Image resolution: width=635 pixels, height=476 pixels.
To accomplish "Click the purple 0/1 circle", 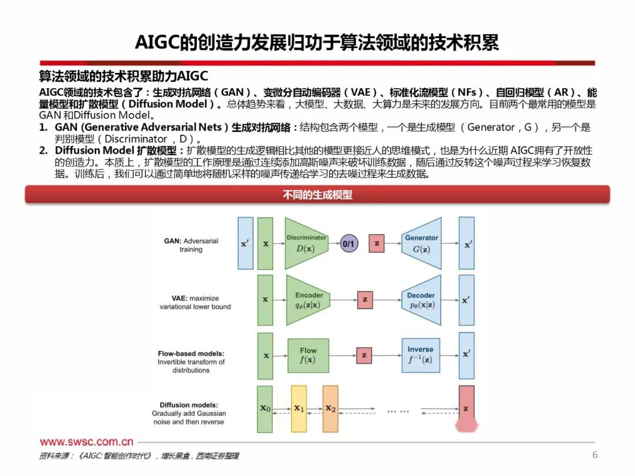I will click(x=349, y=243).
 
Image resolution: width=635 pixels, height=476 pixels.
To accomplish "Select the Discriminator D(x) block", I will click(x=306, y=243).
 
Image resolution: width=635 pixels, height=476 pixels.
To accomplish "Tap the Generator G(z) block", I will click(x=421, y=243).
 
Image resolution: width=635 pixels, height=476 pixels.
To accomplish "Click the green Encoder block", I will click(x=308, y=300).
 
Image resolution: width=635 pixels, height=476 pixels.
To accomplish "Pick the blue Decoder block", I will click(x=421, y=300).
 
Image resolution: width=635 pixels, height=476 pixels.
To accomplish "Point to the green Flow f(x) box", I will click(x=308, y=355).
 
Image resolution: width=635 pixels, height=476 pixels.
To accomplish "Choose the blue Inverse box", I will click(x=420, y=355).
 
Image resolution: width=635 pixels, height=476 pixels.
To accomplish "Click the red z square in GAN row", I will click(x=377, y=243).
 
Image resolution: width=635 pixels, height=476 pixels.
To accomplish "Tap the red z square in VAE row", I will click(x=365, y=300).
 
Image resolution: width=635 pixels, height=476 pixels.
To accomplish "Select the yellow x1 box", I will click(x=299, y=408).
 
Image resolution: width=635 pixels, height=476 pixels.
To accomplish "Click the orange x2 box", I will click(x=330, y=408).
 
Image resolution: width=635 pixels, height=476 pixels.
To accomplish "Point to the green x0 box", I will click(x=266, y=408).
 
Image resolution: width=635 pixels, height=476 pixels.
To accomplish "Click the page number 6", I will click(x=594, y=455).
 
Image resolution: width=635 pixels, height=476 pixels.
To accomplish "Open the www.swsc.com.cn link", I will click(x=86, y=442).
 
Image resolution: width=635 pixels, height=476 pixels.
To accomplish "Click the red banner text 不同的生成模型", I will click(x=317, y=195).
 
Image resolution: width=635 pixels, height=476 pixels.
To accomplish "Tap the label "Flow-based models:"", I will click(x=191, y=354).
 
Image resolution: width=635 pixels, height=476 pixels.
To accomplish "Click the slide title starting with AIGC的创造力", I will click(x=317, y=42).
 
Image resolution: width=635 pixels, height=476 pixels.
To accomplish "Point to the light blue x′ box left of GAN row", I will click(x=245, y=243).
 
